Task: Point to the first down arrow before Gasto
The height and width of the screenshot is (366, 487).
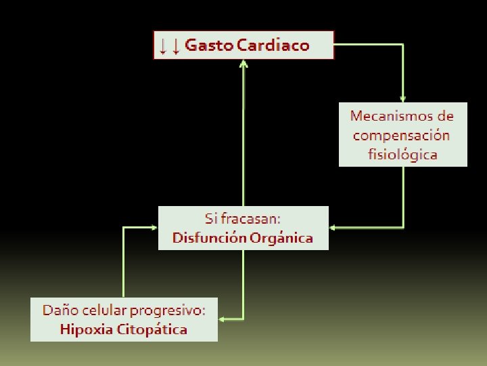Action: [162, 46]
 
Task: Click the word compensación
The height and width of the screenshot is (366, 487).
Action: [401, 135]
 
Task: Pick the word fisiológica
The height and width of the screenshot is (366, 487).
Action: [402, 155]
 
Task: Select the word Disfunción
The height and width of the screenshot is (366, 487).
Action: [209, 238]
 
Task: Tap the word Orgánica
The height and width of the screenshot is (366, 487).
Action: [281, 238]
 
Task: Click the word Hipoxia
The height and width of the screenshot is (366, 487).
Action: [86, 330]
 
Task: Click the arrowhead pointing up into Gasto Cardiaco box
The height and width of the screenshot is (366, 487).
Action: [243, 64]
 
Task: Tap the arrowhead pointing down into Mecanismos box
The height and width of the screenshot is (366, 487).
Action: [403, 99]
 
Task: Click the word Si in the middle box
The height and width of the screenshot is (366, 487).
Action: [211, 219]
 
